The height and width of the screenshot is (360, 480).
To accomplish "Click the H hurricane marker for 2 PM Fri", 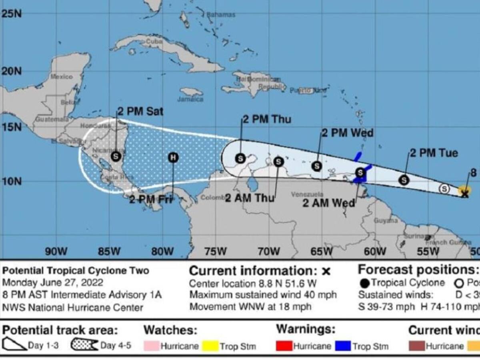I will click(x=173, y=157).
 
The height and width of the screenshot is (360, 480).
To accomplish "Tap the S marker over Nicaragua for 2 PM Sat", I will click(x=116, y=156).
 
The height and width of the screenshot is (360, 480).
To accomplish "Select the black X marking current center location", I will click(x=464, y=194).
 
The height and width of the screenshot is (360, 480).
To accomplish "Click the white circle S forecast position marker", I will click(x=444, y=188).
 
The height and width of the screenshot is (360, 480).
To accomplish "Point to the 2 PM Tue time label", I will click(x=434, y=153).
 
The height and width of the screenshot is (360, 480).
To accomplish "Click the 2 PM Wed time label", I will click(x=348, y=133).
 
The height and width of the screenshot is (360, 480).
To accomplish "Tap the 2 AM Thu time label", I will click(x=250, y=198).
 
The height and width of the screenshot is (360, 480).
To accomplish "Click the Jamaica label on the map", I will click(x=190, y=99).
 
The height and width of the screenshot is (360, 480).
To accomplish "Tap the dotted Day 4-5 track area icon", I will click(x=84, y=345).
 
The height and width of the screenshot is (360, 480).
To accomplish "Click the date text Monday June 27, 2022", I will click(x=53, y=283).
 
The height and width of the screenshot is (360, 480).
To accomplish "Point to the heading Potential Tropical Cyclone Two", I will click(x=76, y=270).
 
